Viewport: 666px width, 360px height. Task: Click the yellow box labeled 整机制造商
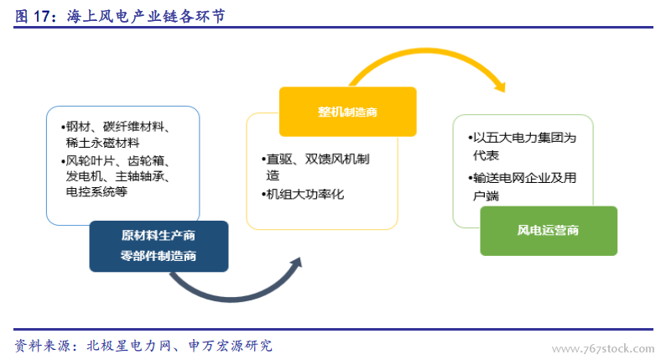(347, 112)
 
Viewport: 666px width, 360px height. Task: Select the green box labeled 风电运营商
(549, 231)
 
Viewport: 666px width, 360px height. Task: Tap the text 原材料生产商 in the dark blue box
(158, 236)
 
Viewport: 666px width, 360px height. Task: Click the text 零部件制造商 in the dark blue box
(158, 256)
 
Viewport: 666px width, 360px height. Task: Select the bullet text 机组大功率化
(305, 195)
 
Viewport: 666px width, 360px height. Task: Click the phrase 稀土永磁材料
(103, 143)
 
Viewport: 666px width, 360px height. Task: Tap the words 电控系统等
(96, 191)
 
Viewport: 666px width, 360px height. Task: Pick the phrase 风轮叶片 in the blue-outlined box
(90, 161)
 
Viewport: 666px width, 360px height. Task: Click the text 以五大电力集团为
(524, 138)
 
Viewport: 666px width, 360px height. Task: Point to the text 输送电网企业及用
(524, 178)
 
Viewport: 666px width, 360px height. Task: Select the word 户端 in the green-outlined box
(486, 196)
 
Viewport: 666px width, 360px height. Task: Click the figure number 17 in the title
(42, 17)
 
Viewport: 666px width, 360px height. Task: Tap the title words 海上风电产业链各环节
(146, 17)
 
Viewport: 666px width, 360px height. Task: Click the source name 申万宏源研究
(230, 346)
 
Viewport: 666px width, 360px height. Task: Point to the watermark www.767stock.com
(603, 349)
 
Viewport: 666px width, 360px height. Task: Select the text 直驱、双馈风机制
(318, 159)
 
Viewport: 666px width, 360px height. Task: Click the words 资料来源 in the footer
(43, 346)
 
